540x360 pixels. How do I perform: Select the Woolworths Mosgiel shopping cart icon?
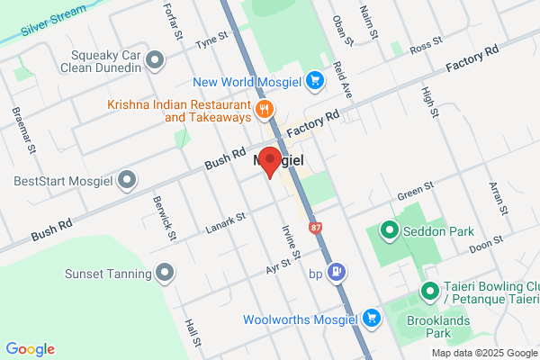[x=371, y=319]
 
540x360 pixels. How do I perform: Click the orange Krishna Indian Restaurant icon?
[x=263, y=111]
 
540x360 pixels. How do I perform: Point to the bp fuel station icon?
[x=337, y=271]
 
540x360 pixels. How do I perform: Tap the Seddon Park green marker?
[x=389, y=231]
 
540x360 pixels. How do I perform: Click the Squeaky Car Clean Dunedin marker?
[x=155, y=61]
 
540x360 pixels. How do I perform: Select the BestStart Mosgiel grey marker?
[x=127, y=180]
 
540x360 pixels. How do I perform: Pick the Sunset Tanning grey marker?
[x=164, y=272]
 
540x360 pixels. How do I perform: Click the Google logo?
[x=30, y=349]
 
